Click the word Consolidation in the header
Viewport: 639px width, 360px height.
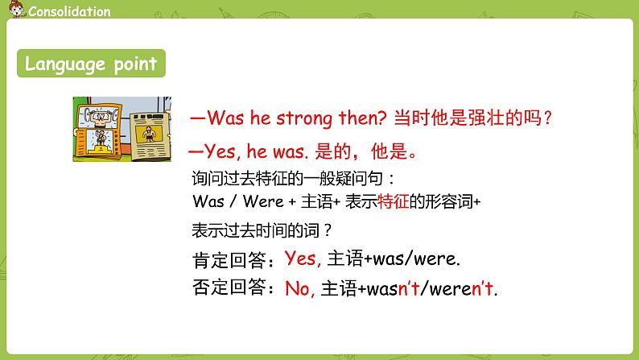pyautogui.click(x=69, y=11)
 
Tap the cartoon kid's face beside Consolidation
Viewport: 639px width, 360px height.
pyautogui.click(x=16, y=9)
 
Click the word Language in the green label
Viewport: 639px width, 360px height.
pyautogui.click(x=65, y=64)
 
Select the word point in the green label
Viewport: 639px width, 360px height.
pyautogui.click(x=135, y=64)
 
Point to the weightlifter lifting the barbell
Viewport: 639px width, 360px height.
pyautogui.click(x=99, y=117)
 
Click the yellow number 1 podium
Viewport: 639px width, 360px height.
pyautogui.click(x=101, y=150)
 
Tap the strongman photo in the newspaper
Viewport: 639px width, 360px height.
pyautogui.click(x=149, y=134)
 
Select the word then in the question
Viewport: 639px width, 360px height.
pyautogui.click(x=362, y=118)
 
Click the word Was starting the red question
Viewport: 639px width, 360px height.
pyautogui.click(x=225, y=118)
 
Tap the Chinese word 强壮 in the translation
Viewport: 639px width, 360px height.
pyautogui.click(x=487, y=118)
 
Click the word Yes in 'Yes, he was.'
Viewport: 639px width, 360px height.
pyautogui.click(x=220, y=151)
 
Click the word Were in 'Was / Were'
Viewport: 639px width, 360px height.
pyautogui.click(x=263, y=201)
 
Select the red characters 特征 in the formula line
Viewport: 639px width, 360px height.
pyautogui.click(x=393, y=201)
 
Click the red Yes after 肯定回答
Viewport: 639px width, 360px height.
pyautogui.click(x=303, y=258)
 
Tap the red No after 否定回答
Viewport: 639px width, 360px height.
pyautogui.click(x=299, y=288)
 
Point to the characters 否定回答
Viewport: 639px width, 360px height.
pyautogui.click(x=229, y=288)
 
